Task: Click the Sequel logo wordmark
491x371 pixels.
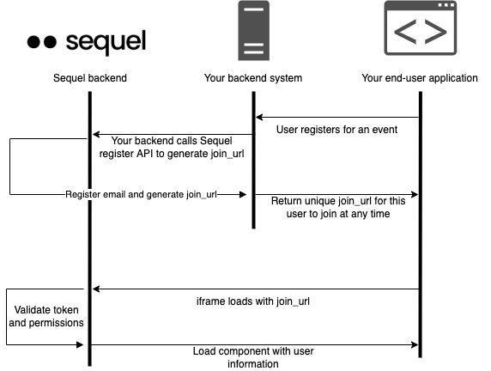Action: coord(106,42)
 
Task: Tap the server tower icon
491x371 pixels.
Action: coord(253,30)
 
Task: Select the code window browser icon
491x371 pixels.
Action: coord(421,27)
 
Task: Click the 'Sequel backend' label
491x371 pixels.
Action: coord(90,78)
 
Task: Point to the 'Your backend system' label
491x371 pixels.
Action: coord(253,78)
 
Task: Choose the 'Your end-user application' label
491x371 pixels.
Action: coord(420,78)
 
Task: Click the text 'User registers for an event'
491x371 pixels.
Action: coord(336,130)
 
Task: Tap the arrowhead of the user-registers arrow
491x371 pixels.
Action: coord(259,118)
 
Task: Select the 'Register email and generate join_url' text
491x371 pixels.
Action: coord(141,195)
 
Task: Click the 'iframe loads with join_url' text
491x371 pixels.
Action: coord(253,301)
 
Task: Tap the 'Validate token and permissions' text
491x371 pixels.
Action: coord(46,316)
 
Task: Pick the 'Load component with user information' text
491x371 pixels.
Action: coord(253,357)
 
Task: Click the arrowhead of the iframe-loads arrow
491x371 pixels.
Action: coord(96,289)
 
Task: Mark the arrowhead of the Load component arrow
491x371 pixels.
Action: coord(415,345)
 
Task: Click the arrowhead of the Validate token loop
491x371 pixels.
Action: coord(80,345)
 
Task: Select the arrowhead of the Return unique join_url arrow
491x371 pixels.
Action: coord(415,195)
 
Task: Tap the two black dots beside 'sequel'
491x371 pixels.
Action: coord(42,42)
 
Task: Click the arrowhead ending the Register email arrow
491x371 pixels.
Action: coord(243,195)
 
